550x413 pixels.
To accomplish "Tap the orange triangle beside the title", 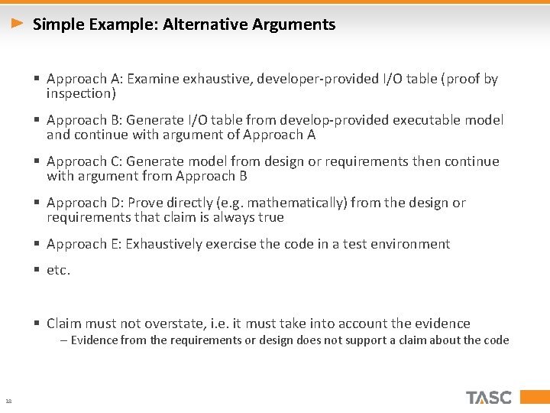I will [x=18, y=24].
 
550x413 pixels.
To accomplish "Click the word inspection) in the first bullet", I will [x=81, y=93].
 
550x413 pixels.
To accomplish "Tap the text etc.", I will [x=58, y=270].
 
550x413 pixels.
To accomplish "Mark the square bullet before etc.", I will [x=37, y=270].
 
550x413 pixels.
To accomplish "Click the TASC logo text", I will [x=489, y=398].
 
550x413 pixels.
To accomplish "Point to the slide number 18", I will [x=8, y=401].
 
